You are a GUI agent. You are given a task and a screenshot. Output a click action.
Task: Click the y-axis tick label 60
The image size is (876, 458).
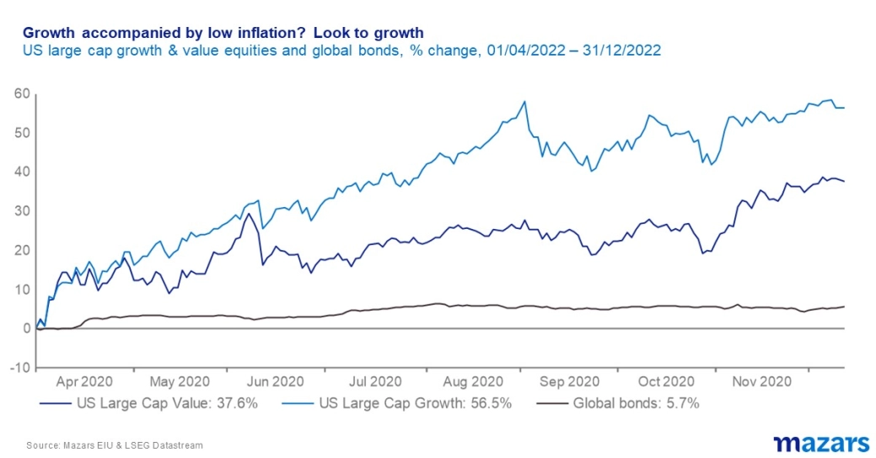pos(23,93)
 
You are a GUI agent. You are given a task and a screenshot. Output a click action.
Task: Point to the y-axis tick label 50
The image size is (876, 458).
pos(23,133)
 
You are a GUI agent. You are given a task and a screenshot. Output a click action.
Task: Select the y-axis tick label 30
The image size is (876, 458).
pos(23,211)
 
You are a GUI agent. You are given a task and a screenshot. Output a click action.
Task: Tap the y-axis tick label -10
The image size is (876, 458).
pos(21,368)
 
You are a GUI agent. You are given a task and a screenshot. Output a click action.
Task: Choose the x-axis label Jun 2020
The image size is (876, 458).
pos(276,381)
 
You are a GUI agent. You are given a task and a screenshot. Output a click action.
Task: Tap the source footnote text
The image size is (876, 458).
pos(115,445)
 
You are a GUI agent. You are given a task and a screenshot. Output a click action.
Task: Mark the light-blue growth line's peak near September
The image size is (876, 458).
pos(525,102)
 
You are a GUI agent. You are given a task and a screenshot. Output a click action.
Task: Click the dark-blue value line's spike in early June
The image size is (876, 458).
pos(249,214)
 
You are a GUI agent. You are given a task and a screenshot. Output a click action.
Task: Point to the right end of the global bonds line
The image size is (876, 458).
pos(844,306)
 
